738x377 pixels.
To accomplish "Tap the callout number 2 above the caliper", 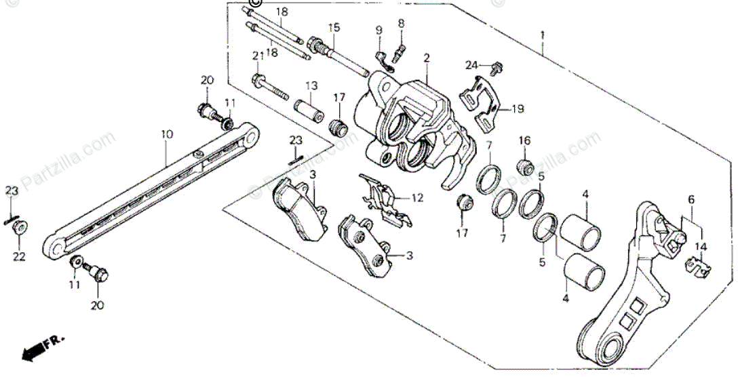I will pyautogui.click(x=427, y=58).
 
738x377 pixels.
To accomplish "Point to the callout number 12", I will pyautogui.click(x=418, y=198).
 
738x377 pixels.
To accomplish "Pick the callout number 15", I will pyautogui.click(x=334, y=27).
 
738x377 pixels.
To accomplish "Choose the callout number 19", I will pyautogui.click(x=518, y=108).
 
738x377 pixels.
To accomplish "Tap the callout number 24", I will pyautogui.click(x=472, y=65).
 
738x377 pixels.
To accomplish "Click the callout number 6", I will pyautogui.click(x=691, y=199).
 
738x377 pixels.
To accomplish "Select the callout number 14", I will pyautogui.click(x=701, y=247).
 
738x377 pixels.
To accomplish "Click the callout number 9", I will pyautogui.click(x=379, y=30).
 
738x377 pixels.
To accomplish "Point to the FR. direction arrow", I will pyautogui.click(x=37, y=350).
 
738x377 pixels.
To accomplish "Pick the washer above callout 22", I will pyautogui.click(x=21, y=227).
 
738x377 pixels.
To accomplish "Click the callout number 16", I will pyautogui.click(x=524, y=141).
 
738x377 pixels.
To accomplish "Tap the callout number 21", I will pyautogui.click(x=258, y=56).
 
